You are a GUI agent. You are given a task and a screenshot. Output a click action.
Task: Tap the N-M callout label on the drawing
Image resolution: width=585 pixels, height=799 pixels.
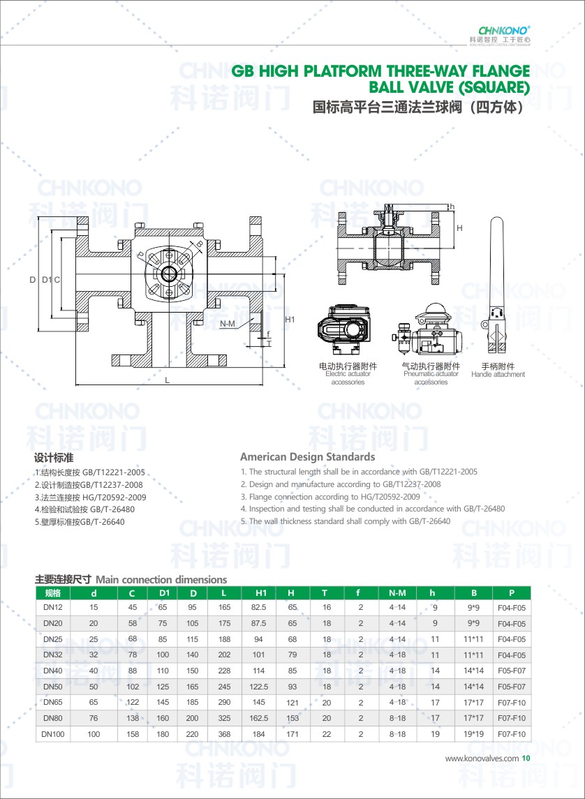[x=227, y=324]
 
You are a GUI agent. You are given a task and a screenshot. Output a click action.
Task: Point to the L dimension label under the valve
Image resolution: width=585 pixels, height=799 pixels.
[x=168, y=380]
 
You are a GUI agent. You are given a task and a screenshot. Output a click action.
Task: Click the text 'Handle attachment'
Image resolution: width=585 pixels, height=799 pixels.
[x=498, y=375]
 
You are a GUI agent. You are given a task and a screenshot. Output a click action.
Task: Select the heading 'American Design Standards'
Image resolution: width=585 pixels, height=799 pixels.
[x=307, y=457]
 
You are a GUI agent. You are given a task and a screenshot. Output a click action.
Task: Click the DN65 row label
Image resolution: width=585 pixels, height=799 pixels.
[x=53, y=702]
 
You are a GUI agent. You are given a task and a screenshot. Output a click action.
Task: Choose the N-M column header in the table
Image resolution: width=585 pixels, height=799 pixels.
[x=397, y=593]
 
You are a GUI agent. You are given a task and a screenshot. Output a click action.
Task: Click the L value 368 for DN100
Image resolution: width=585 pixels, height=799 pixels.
[x=224, y=734]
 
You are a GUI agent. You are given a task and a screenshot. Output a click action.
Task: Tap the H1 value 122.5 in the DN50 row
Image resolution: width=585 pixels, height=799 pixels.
[x=258, y=687]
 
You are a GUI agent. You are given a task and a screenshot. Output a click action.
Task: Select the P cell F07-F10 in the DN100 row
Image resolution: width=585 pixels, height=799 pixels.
[x=511, y=734]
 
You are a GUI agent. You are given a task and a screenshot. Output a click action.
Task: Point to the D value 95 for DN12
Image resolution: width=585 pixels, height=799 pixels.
[x=193, y=608]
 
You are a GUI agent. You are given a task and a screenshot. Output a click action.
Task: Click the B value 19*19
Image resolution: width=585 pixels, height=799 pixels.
[x=474, y=734]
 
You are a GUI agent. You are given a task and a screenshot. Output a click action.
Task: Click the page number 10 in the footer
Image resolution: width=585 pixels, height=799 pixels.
[x=526, y=758]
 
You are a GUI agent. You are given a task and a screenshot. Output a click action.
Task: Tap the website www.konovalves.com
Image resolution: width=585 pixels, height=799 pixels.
[x=482, y=758]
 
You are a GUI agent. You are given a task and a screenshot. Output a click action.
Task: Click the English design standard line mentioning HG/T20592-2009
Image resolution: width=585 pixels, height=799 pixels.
[x=330, y=496]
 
